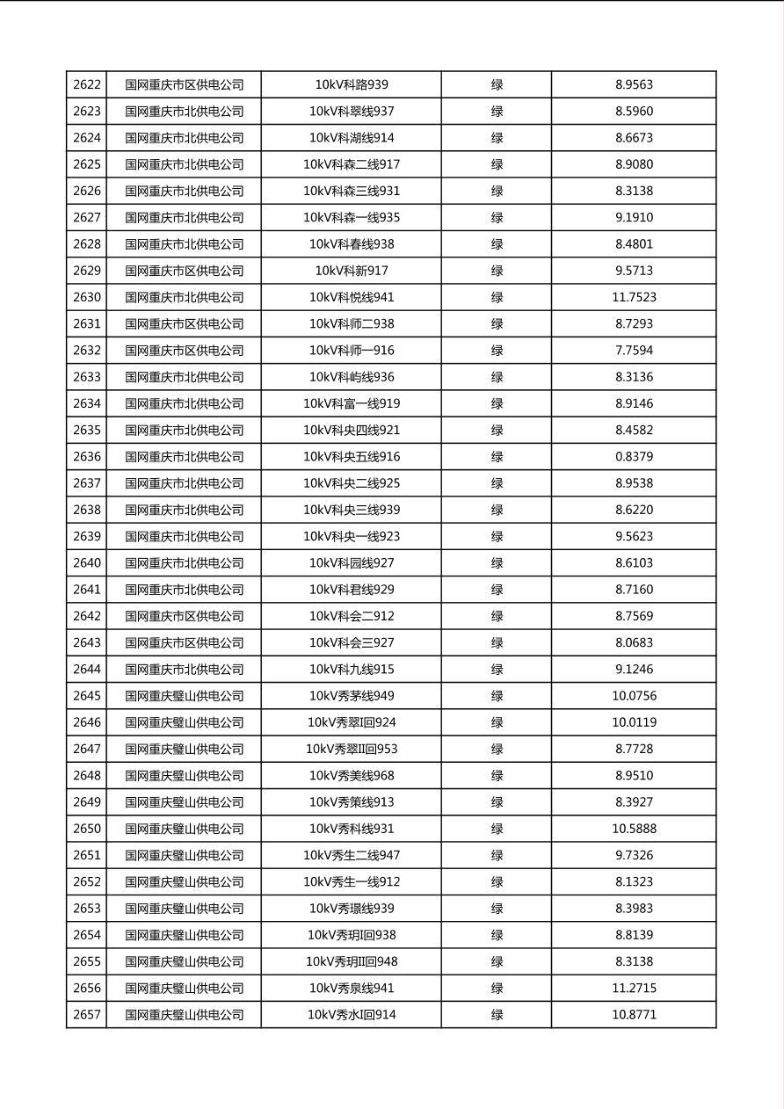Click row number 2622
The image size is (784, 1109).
(87, 85)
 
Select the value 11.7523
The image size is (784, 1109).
(634, 297)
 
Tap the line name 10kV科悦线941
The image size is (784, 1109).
(352, 297)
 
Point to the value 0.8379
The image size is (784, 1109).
(634, 457)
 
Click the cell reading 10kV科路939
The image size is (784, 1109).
(352, 85)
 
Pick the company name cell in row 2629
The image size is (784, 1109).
(184, 271)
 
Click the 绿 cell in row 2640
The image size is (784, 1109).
(497, 563)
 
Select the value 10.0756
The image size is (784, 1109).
(634, 696)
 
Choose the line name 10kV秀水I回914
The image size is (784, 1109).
(352, 1015)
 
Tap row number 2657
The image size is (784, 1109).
(87, 1015)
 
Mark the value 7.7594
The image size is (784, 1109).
(634, 351)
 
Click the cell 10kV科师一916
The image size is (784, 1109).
(352, 351)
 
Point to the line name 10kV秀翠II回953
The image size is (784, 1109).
(352, 749)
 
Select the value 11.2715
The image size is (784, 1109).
(634, 989)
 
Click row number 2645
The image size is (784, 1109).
(87, 696)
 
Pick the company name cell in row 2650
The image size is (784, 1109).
(184, 829)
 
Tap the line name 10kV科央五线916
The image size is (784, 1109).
(352, 457)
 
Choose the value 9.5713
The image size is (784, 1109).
(634, 271)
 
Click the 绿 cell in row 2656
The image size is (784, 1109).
(497, 989)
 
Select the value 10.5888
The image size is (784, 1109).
(634, 829)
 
